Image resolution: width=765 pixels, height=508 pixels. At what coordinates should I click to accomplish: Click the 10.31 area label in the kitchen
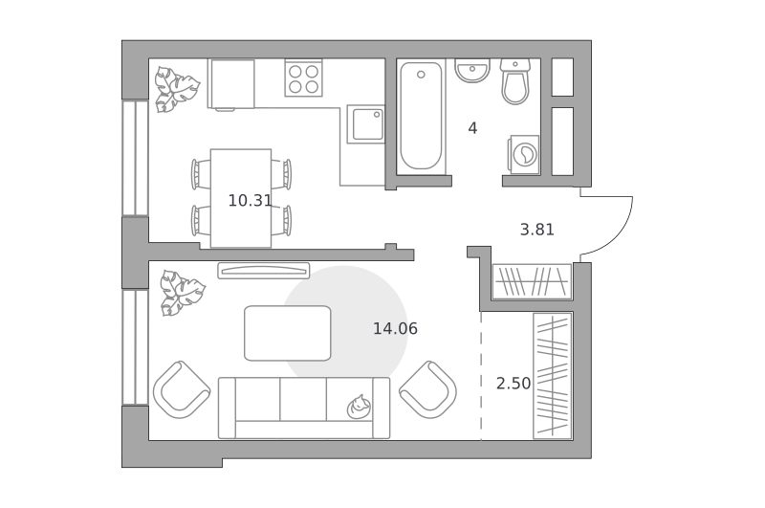tap(250, 201)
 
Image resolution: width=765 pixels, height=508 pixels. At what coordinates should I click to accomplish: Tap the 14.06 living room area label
tap(395, 328)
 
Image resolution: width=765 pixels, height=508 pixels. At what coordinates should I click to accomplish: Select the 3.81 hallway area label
tap(537, 230)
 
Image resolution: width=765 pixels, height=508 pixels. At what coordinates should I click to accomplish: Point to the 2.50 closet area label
tap(514, 384)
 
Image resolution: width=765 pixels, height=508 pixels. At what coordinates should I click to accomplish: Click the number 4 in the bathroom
tap(472, 128)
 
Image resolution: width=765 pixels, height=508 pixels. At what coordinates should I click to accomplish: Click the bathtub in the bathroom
tap(421, 117)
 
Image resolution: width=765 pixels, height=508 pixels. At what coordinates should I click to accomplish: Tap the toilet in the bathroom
tap(515, 81)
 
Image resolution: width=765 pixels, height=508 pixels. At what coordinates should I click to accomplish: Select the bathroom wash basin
tap(472, 71)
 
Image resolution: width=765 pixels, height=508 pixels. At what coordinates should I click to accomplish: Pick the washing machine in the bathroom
tap(524, 154)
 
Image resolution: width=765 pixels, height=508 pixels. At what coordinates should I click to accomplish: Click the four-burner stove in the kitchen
tap(303, 79)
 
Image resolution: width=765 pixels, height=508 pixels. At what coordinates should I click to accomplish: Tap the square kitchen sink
tap(366, 124)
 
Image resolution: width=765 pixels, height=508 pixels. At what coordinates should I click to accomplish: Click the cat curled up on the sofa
tap(359, 407)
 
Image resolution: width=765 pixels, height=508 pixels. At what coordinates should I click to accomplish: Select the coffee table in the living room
tap(288, 333)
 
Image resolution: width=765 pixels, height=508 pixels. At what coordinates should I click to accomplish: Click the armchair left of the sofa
tap(182, 389)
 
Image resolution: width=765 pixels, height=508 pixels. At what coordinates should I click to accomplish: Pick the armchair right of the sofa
tap(427, 389)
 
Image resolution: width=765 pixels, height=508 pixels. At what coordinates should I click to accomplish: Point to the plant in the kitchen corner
tap(176, 89)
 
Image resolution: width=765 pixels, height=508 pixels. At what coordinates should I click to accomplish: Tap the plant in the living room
tap(182, 293)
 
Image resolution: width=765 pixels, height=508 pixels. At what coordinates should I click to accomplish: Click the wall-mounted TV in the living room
tap(264, 271)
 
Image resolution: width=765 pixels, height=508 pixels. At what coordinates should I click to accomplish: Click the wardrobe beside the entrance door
tap(532, 281)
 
